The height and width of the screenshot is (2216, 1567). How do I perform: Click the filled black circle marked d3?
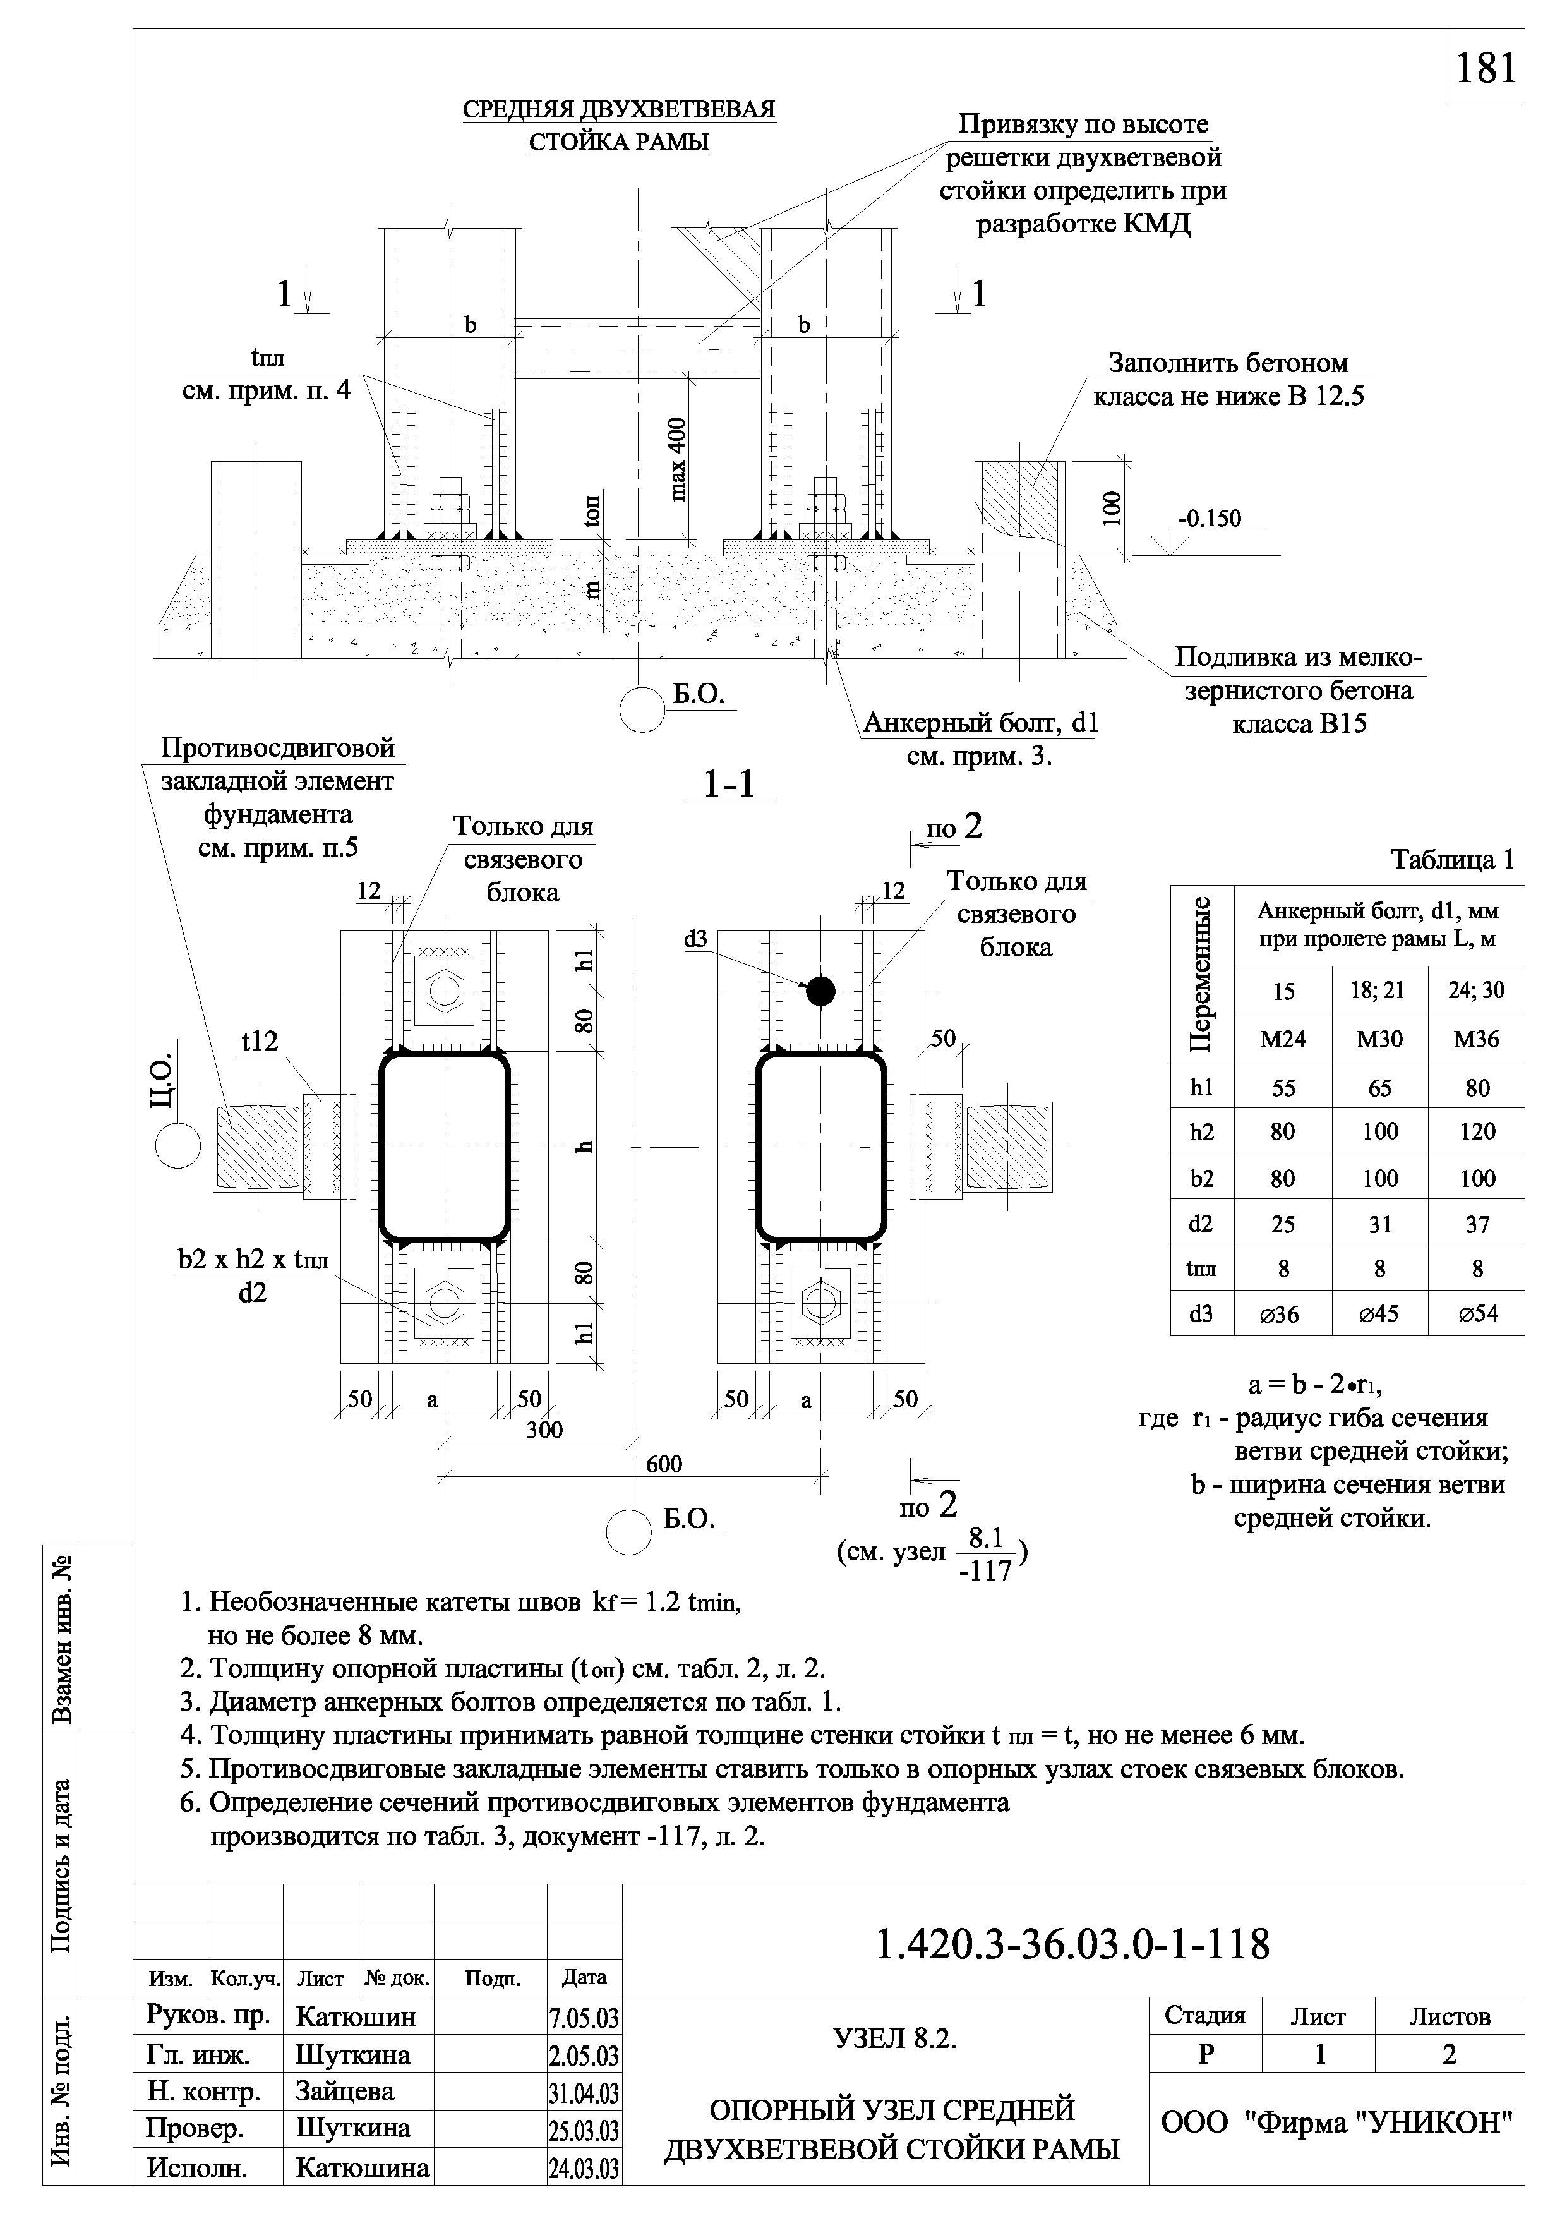[x=820, y=991]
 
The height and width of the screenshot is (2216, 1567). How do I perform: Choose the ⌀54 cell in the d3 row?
[x=1476, y=1313]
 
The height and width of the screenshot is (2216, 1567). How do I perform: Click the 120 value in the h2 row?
[x=1476, y=1131]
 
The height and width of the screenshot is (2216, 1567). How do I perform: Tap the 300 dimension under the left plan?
[x=544, y=1430]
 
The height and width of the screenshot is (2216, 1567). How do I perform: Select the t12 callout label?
[x=260, y=1040]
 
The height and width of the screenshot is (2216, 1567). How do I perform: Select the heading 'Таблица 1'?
[x=1452, y=859]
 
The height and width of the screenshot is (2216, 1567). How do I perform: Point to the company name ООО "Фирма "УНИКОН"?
[x=1336, y=2121]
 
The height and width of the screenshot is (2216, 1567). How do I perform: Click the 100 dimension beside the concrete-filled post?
[x=1112, y=508]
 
